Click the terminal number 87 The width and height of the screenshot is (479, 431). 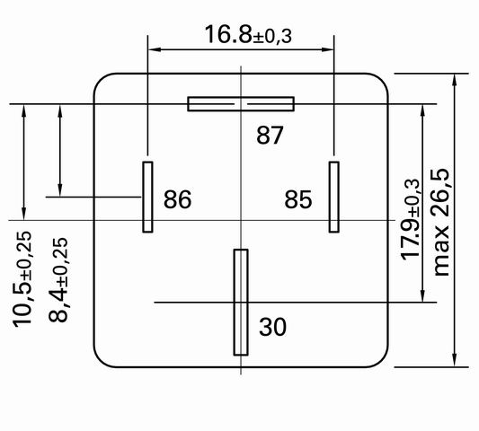(270, 136)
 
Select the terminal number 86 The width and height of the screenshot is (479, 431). (177, 199)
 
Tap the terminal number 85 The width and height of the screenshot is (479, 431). (298, 199)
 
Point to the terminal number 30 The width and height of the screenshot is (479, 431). (273, 327)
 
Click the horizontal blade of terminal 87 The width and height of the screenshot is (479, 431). (241, 104)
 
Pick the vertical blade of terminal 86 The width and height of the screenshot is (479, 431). (147, 197)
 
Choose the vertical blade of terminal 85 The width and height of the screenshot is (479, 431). (334, 197)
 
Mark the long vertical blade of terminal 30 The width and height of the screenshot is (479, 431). (241, 303)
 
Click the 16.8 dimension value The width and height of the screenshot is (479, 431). (228, 34)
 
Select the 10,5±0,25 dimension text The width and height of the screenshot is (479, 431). (22, 279)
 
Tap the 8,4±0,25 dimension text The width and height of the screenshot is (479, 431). (58, 279)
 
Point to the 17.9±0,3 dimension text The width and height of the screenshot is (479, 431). (411, 219)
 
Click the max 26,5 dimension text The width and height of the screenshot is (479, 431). (441, 222)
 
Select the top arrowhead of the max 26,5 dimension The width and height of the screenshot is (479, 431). (455, 80)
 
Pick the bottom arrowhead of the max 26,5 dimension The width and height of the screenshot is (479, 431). (455, 360)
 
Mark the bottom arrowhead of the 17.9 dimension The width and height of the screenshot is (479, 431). (422, 295)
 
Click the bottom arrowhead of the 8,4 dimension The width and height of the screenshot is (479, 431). (60, 190)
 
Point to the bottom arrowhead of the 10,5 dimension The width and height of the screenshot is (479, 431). (24, 214)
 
